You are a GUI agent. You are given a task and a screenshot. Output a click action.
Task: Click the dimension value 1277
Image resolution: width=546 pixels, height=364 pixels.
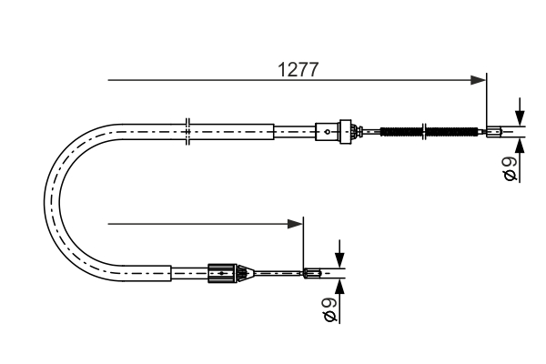click(x=297, y=67)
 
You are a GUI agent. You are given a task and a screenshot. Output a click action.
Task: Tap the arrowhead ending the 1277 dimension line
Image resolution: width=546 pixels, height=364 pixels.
click(x=480, y=80)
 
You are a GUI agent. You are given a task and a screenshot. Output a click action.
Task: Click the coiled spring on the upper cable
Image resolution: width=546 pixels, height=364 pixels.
click(x=428, y=131)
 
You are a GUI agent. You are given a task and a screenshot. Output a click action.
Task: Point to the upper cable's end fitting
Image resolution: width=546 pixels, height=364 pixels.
click(x=494, y=131)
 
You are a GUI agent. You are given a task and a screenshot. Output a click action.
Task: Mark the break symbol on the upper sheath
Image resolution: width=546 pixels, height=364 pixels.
click(x=186, y=130)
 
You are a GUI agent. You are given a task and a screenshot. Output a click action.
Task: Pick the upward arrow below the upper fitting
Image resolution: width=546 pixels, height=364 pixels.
click(x=519, y=146)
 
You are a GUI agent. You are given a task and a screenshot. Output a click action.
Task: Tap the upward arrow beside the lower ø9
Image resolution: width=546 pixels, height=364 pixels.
click(x=339, y=286)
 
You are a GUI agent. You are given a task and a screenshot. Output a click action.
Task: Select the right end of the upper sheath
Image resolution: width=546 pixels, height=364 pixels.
click(x=272, y=131)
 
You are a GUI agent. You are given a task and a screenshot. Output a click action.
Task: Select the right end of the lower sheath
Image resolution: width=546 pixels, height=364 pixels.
click(x=170, y=271)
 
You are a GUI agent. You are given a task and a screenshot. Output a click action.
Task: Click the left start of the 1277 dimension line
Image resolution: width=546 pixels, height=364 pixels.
click(x=108, y=80)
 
